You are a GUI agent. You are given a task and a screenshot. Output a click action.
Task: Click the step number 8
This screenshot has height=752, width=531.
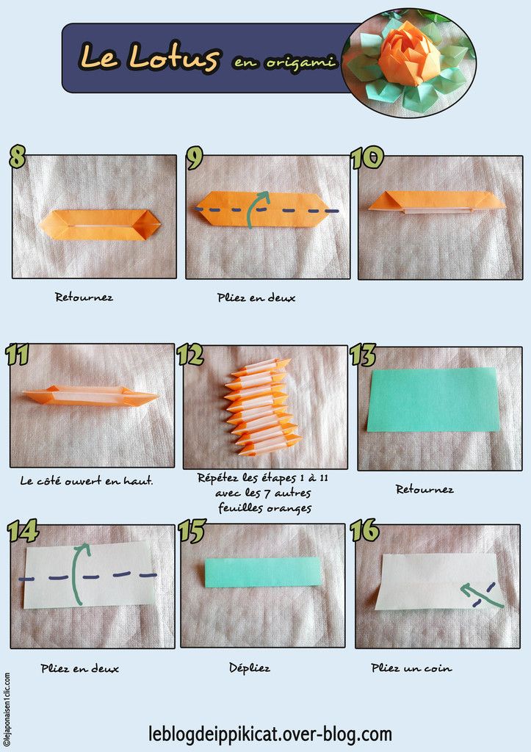click(17, 157)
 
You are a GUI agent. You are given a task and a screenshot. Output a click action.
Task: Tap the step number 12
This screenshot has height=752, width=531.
click(190, 355)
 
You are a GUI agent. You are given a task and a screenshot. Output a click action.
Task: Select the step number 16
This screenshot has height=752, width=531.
click(364, 531)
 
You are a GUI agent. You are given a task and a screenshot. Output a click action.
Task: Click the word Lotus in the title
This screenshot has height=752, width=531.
click(173, 57)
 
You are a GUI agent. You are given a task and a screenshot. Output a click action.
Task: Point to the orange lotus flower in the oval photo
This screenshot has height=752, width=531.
click(408, 53)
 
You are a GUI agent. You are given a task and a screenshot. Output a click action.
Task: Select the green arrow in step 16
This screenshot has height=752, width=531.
click(482, 596)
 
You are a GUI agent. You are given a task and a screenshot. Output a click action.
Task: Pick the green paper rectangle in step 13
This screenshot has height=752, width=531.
click(433, 399)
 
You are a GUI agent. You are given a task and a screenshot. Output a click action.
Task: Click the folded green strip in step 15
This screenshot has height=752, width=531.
click(263, 572)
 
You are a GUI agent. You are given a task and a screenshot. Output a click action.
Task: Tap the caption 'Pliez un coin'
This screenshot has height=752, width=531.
click(411, 668)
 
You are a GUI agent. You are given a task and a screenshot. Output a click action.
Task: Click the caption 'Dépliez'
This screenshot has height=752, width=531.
click(250, 668)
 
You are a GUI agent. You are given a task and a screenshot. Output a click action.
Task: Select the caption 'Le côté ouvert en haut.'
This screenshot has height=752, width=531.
click(87, 480)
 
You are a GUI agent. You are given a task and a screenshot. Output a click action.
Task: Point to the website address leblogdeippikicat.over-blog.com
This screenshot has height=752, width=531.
click(270, 734)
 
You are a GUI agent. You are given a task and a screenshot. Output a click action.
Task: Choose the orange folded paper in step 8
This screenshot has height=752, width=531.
click(99, 225)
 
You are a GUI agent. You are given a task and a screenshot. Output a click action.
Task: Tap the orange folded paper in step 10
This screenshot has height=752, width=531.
click(437, 203)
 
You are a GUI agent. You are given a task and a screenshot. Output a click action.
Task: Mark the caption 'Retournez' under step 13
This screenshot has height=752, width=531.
click(425, 490)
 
